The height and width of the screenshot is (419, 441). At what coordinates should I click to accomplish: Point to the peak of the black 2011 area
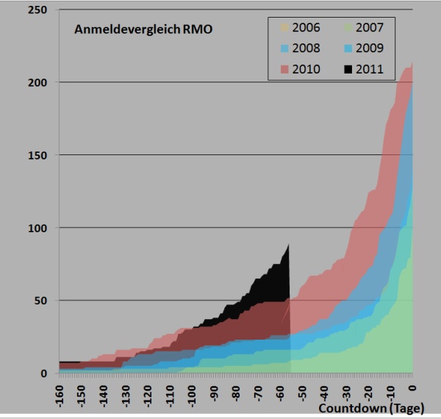click(x=289, y=245)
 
